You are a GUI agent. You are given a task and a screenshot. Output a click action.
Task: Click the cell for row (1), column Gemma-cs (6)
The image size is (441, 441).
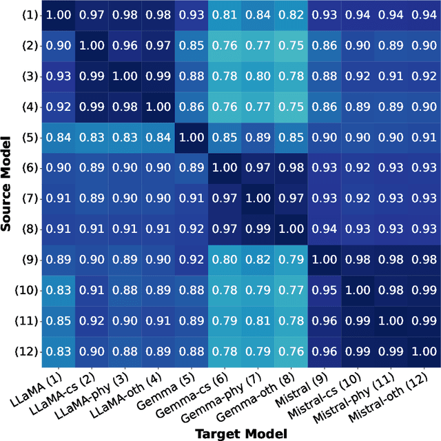pos(226,14)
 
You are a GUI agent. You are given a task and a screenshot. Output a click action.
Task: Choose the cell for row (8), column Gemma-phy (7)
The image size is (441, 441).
pos(259,228)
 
